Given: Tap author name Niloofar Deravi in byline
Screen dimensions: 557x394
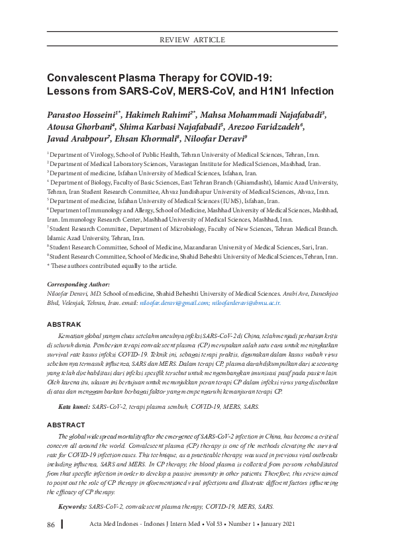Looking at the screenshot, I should (215, 139).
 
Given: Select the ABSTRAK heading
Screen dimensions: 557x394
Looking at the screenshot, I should (64, 325).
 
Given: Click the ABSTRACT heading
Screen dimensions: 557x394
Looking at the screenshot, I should (66, 406).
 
